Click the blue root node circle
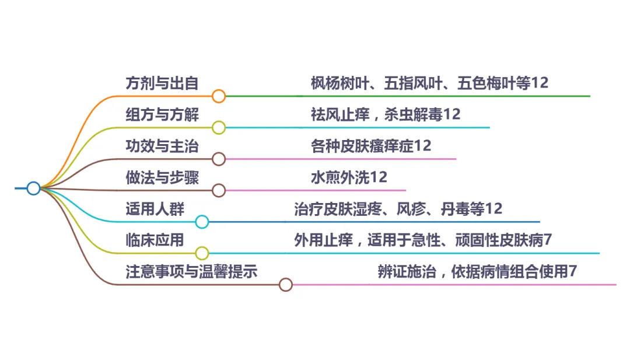pyautogui.click(x=33, y=188)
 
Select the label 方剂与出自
pyautogui.click(x=162, y=83)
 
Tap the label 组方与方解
pyautogui.click(x=162, y=114)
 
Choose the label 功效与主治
pyautogui.click(x=162, y=146)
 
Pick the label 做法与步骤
pyautogui.click(x=162, y=177)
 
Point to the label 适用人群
pyautogui.click(x=155, y=208)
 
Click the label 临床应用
pyautogui.click(x=155, y=240)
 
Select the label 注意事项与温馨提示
pyautogui.click(x=191, y=271)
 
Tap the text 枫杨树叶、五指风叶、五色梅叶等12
pyautogui.click(x=429, y=83)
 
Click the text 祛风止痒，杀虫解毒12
pyautogui.click(x=386, y=114)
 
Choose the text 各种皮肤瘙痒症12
pyautogui.click(x=371, y=146)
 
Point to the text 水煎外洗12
pyautogui.click(x=349, y=177)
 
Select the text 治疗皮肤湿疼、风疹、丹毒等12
pyautogui.click(x=398, y=208)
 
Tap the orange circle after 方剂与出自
pyautogui.click(x=219, y=96)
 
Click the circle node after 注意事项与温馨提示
pyautogui.click(x=285, y=285)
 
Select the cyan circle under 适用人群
pyautogui.click(x=202, y=222)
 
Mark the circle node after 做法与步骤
pyautogui.click(x=219, y=190)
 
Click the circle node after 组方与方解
pyautogui.click(x=219, y=128)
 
